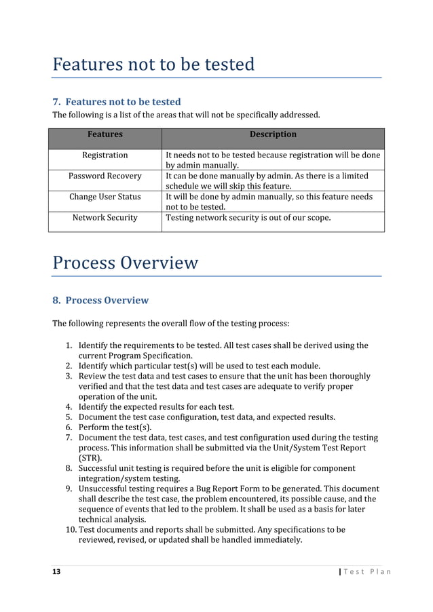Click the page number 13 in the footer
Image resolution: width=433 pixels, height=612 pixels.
tap(56, 571)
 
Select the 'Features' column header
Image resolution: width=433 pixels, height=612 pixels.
tap(105, 134)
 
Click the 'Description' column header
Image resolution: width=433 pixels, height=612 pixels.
tap(272, 134)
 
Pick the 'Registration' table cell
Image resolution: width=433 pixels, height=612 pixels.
tap(105, 155)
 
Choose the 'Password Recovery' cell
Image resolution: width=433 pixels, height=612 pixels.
tap(105, 176)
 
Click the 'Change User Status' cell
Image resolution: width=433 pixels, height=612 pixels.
tap(105, 197)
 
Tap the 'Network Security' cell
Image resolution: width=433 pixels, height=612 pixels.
tap(105, 218)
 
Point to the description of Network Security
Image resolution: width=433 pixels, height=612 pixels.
tap(248, 218)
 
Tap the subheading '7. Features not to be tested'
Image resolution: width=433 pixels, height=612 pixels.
tap(117, 102)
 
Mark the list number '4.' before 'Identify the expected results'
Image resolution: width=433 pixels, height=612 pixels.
tap(69, 407)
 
